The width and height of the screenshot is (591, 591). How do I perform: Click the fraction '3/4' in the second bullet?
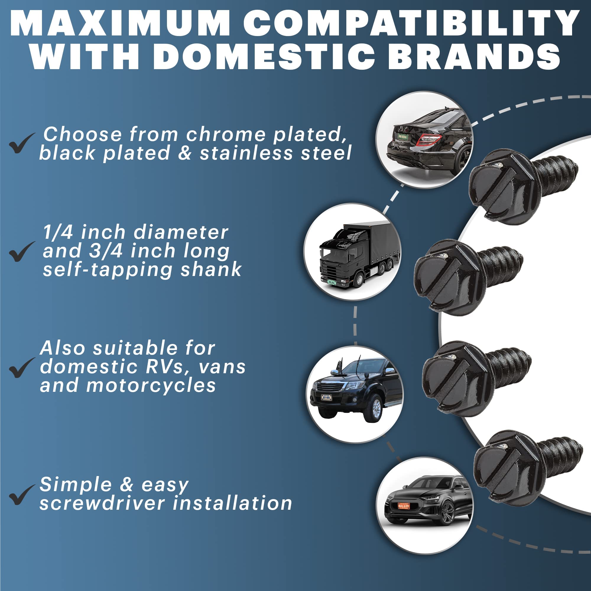105,251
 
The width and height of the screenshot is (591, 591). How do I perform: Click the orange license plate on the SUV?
403,506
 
